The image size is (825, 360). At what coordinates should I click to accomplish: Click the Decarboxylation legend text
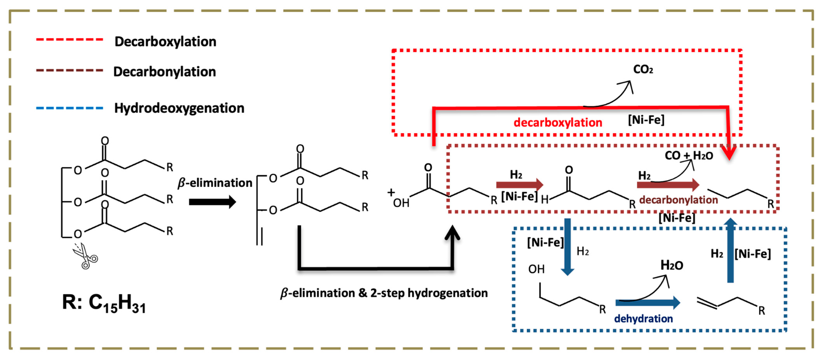(165, 42)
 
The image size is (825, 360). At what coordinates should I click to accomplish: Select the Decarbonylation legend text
(165, 72)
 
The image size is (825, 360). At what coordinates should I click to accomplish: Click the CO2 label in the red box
(643, 69)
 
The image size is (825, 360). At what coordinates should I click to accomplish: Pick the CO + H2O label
(688, 156)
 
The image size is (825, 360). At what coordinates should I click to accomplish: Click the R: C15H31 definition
(104, 303)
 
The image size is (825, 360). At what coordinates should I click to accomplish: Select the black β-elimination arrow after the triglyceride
(212, 202)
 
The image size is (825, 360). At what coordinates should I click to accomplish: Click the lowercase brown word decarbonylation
(678, 200)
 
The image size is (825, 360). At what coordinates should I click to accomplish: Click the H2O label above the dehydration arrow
(672, 265)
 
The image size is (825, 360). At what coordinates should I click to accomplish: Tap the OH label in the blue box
(536, 269)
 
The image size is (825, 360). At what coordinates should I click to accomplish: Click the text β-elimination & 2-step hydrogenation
(384, 293)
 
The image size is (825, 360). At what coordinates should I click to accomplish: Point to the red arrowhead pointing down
(729, 153)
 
